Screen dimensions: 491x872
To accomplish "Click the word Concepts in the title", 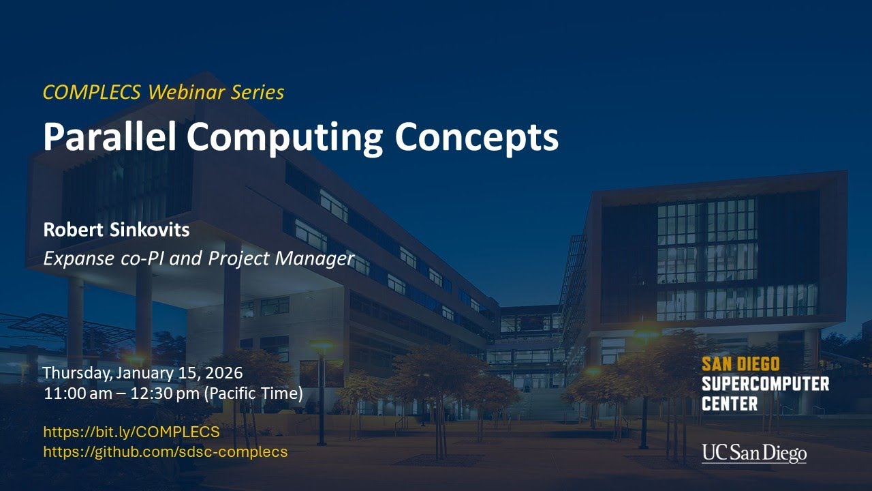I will tap(477, 137).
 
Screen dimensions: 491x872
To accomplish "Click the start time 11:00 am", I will tap(73, 394).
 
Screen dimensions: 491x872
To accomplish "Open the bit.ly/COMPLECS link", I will tap(131, 432).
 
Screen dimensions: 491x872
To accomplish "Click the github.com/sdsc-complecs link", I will tap(165, 451).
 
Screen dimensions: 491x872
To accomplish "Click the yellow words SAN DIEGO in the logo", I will tap(740, 363).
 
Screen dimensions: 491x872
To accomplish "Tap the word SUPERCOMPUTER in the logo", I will tap(765, 384).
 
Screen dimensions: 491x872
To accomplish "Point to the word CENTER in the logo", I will tap(729, 404).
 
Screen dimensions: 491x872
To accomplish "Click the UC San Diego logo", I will tap(753, 453).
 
